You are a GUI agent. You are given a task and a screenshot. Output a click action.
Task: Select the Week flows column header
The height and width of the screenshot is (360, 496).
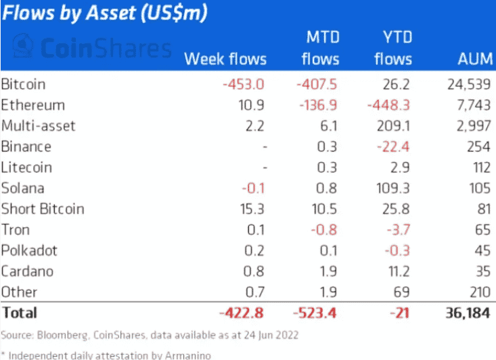pyautogui.click(x=225, y=59)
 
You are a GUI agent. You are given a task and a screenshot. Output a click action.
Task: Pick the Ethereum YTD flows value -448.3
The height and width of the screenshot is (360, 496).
pyautogui.click(x=387, y=106)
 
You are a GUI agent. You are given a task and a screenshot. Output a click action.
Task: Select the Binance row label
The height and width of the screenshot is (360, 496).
pyautogui.click(x=26, y=147)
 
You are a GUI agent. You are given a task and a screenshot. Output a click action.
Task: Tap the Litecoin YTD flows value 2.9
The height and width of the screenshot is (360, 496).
pyautogui.click(x=399, y=167)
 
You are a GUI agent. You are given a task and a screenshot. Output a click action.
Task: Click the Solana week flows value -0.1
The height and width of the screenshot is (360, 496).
pyautogui.click(x=255, y=188)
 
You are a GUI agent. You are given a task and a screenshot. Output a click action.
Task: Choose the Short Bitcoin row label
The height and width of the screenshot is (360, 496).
pyautogui.click(x=43, y=209)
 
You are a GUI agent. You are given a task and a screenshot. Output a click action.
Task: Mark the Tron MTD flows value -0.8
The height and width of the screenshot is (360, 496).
pyautogui.click(x=324, y=230)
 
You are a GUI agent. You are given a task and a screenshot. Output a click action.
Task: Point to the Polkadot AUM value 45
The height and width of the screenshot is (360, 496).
pyautogui.click(x=482, y=250)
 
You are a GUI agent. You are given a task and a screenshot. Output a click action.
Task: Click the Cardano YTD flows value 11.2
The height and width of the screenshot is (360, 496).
pyautogui.click(x=396, y=271)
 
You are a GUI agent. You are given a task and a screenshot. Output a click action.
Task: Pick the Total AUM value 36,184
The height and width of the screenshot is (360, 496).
pyautogui.click(x=464, y=313)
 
